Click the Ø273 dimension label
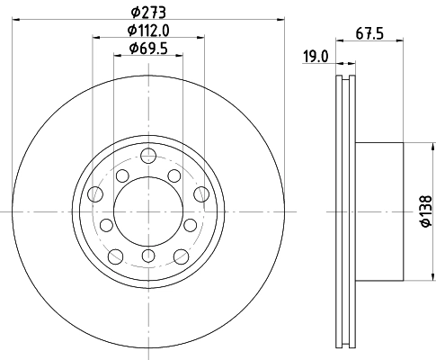point(148,13)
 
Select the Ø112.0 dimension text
point(148,31)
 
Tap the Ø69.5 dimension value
point(148,49)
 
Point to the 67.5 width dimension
point(369,33)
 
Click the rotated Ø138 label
point(426,211)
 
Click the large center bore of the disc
point(148,211)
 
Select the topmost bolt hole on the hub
point(148,156)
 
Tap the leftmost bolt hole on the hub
point(95,193)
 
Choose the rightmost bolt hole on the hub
point(201,193)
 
